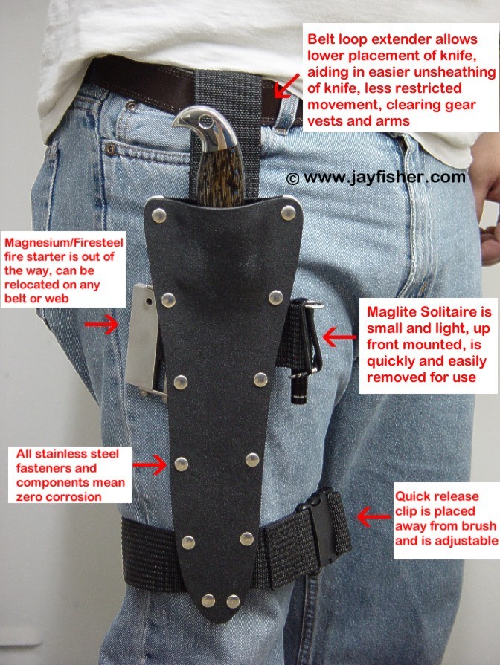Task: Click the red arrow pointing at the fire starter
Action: pyautogui.click(x=101, y=325)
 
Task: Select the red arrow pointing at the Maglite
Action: pyautogui.click(x=339, y=337)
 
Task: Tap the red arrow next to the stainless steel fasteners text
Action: pyautogui.click(x=150, y=465)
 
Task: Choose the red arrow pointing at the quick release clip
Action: pyautogui.click(x=374, y=516)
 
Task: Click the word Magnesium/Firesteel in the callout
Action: pyautogui.click(x=64, y=243)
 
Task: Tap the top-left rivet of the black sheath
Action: pyautogui.click(x=159, y=215)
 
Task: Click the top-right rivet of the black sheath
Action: pyautogui.click(x=289, y=213)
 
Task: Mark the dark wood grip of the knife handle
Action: pyautogui.click(x=219, y=174)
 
